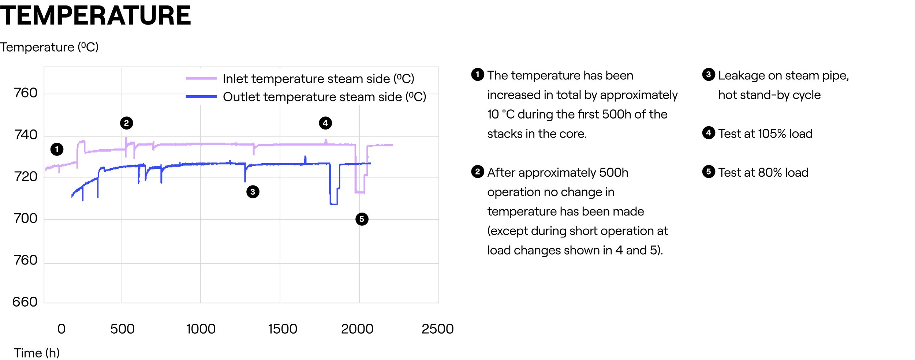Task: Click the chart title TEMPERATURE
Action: pos(95,16)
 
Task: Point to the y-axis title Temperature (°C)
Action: pos(49,47)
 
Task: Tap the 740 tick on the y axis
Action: pos(26,135)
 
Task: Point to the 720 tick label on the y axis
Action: pos(26,177)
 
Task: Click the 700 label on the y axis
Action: pos(26,218)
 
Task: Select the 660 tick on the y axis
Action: pos(25,302)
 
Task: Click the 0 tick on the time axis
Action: pos(61,329)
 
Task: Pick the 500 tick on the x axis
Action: pos(122,329)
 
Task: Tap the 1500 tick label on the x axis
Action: pos(282,329)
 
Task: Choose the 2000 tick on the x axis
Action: pos(357,329)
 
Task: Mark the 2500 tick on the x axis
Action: pos(437,329)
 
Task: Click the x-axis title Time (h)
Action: pos(37,353)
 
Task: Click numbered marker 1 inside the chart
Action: pos(57,149)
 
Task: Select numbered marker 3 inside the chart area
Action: pos(253,192)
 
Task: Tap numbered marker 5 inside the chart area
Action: pos(362,219)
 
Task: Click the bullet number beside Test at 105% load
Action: pos(709,133)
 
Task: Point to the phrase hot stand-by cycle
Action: pos(769,95)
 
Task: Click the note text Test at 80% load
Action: pos(763,172)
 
